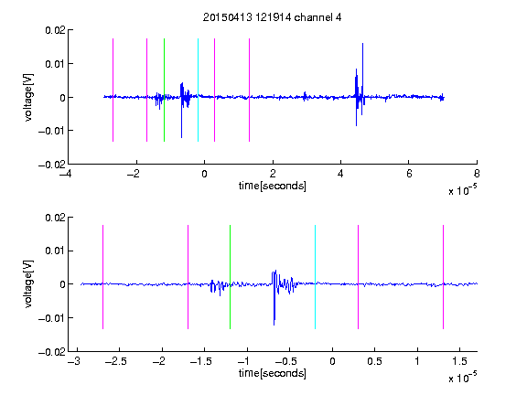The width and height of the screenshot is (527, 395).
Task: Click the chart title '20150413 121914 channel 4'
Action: pyautogui.click(x=272, y=17)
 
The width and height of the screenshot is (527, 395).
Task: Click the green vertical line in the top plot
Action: pyautogui.click(x=164, y=90)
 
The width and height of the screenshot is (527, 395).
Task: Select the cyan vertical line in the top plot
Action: pyautogui.click(x=198, y=90)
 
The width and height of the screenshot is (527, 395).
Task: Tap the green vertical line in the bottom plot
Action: pyautogui.click(x=230, y=277)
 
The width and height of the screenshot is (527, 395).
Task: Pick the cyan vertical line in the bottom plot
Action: pyautogui.click(x=315, y=277)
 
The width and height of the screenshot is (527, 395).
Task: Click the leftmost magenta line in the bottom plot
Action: pyautogui.click(x=102, y=277)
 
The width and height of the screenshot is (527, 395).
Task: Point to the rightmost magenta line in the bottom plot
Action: pyautogui.click(x=443, y=277)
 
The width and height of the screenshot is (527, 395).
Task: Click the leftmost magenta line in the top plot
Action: pyautogui.click(x=113, y=90)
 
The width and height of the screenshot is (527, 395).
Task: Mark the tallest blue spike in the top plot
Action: pyautogui.click(x=362, y=43)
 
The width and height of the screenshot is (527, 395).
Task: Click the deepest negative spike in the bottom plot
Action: pyautogui.click(x=274, y=325)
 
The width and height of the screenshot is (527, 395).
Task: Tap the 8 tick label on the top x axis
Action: pyautogui.click(x=477, y=174)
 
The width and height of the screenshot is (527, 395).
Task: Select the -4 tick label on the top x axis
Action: pyautogui.click(x=66, y=174)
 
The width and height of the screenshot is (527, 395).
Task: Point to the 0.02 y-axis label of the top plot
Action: pyautogui.click(x=55, y=30)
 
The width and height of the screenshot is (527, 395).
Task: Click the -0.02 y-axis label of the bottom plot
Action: pyautogui.click(x=52, y=352)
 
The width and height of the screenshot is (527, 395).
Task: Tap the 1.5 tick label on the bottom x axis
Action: pyautogui.click(x=459, y=361)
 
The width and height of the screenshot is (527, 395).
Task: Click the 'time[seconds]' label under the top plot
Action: pyautogui.click(x=273, y=186)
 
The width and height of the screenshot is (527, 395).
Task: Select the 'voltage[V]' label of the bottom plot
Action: pyautogui.click(x=28, y=284)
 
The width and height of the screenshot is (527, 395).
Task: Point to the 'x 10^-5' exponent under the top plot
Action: pyautogui.click(x=462, y=190)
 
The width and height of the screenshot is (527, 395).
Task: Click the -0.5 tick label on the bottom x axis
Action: pyautogui.click(x=285, y=361)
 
